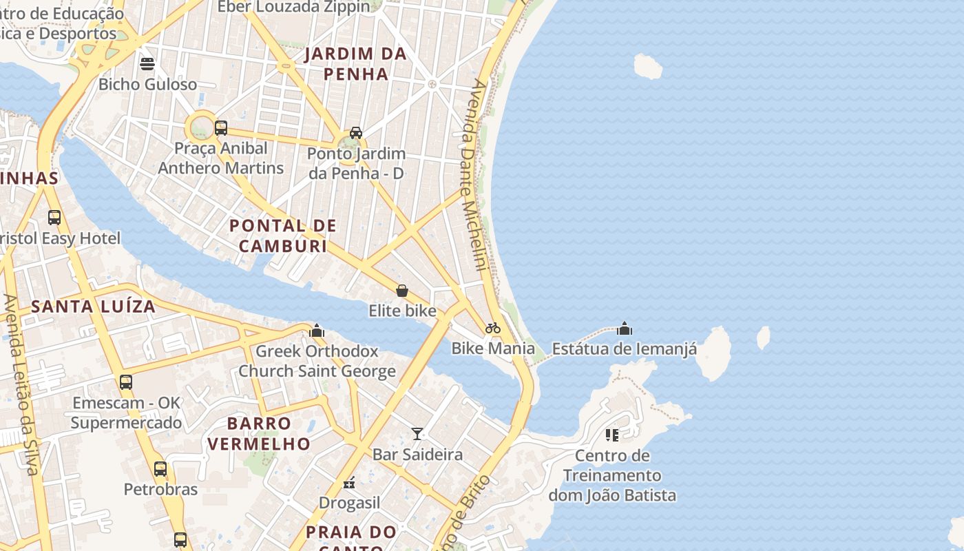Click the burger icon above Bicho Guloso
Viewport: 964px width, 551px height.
pos(147,64)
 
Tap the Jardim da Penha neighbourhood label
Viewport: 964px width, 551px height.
pos(356,63)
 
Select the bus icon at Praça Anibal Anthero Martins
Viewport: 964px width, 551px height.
pos(221,127)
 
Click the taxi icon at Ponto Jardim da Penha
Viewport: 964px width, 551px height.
pos(356,132)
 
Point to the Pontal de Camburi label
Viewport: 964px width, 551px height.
pos(283,236)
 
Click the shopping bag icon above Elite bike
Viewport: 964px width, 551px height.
pos(402,291)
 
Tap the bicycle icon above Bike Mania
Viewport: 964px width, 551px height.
pos(493,328)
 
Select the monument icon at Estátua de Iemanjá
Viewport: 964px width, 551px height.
pos(625,329)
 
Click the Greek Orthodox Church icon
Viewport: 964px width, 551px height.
pos(317,331)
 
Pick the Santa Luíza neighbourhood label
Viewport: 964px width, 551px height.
pos(94,306)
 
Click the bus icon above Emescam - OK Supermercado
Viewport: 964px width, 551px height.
pos(126,382)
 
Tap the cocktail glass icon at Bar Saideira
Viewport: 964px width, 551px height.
pos(417,434)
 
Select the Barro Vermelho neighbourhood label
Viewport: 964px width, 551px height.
pos(259,433)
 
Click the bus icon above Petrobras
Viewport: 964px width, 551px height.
pos(160,469)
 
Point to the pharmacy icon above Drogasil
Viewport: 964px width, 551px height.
pos(350,483)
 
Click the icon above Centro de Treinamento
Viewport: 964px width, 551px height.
pos(612,435)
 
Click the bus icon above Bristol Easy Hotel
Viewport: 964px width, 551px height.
pos(54,218)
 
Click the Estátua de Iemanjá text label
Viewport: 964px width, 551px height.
pos(625,349)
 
